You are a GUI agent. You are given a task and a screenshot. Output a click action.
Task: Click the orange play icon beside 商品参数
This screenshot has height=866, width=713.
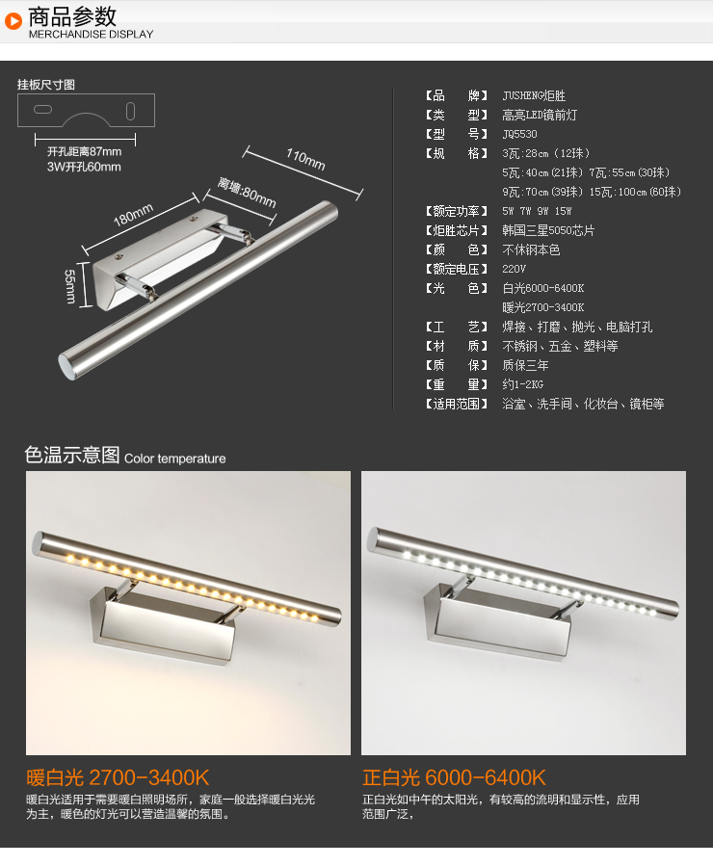point(13,21)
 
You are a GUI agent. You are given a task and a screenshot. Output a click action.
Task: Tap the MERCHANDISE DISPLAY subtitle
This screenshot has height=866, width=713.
point(92,35)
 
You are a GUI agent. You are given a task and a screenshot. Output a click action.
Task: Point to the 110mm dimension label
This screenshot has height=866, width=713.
point(305,159)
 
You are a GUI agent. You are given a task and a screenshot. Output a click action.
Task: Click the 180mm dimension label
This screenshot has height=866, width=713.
point(133,214)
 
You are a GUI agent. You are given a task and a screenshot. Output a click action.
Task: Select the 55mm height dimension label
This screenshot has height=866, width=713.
point(70,286)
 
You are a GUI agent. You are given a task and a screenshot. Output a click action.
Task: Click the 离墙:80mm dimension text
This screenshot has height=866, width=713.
point(247,193)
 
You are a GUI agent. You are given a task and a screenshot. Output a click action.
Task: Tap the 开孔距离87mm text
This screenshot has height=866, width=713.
point(84,151)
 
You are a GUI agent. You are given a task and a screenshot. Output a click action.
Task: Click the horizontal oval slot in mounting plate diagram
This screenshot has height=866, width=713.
point(42,110)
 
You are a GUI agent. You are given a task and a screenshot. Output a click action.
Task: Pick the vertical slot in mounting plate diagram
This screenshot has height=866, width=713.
point(130,111)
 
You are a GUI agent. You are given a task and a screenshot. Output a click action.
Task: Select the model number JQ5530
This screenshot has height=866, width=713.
point(519,134)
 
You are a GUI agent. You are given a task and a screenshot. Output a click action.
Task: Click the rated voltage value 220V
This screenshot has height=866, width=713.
point(514,269)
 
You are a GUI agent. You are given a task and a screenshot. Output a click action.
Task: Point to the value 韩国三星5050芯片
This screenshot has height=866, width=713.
point(548,230)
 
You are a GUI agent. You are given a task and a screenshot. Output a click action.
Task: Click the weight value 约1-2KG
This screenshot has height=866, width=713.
point(522,384)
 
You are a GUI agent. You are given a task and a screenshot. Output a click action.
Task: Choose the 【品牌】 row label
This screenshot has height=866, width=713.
point(457,95)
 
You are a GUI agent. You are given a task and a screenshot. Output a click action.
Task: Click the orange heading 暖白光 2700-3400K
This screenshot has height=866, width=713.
point(118,777)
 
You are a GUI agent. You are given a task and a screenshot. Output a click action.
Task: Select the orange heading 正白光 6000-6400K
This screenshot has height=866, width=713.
point(454,777)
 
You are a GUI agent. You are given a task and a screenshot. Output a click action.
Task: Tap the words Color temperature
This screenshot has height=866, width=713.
point(175,459)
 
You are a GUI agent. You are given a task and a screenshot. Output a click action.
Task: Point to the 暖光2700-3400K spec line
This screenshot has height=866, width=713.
point(542,307)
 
